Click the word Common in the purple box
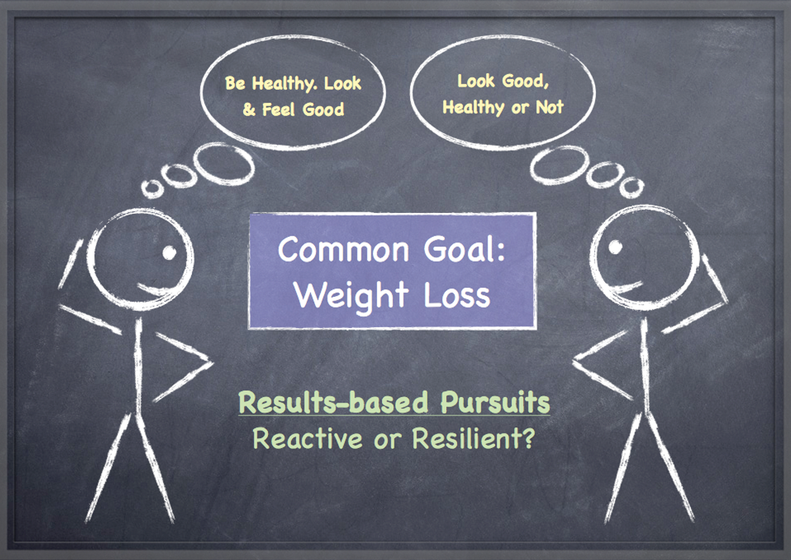coord(343,249)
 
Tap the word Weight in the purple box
coord(351,295)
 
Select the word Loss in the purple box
coord(457,295)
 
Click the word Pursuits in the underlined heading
coord(495,402)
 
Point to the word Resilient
coord(472,438)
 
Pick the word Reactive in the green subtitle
coord(307,438)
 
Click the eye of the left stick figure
coord(169,252)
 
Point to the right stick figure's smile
coord(625,288)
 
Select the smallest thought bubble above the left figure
coord(152,189)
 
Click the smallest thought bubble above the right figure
coord(632,187)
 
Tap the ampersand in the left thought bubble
coord(249,109)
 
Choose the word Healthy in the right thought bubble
coord(473,107)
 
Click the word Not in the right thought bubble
coord(550,107)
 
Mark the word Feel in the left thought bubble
coord(278,109)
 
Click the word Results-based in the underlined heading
coord(333,402)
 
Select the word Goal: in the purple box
coord(464,249)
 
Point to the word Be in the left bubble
coord(235,83)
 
